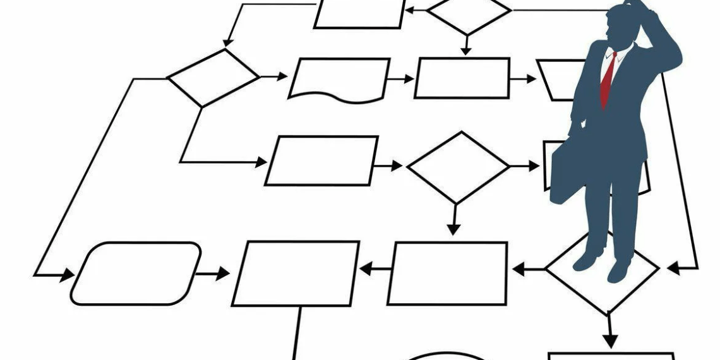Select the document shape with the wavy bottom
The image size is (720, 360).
[339, 79]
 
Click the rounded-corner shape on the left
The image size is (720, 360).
[136, 273]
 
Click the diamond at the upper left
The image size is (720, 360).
[213, 77]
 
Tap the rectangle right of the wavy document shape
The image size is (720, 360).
[462, 78]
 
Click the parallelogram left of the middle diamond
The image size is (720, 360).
[321, 160]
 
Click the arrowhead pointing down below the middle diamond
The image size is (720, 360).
[452, 228]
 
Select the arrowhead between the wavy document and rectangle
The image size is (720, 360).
[408, 79]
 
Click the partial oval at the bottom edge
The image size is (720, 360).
[446, 356]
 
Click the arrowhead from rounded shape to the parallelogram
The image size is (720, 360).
[222, 274]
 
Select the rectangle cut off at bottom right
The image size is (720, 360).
[609, 356]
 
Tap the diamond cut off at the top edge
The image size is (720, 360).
[468, 13]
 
